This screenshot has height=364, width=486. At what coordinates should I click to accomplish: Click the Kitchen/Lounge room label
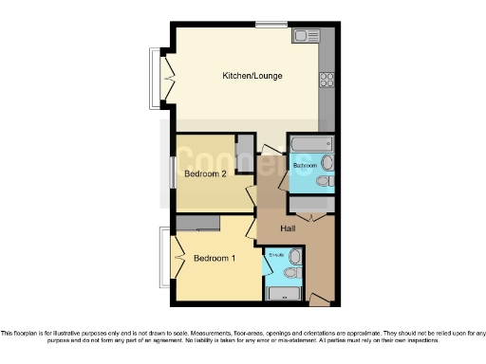tap(252, 76)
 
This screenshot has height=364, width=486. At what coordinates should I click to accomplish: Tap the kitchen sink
tap(308, 37)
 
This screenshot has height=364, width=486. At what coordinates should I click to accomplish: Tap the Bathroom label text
tap(305, 166)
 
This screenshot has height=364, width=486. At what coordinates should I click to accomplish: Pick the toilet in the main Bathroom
tap(325, 180)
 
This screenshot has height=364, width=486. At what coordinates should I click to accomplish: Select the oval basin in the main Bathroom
tap(328, 161)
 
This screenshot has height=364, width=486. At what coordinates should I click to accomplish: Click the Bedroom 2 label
tap(205, 174)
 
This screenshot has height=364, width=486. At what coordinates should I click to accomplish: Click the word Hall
tap(291, 229)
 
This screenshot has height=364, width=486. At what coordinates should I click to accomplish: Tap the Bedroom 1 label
tap(215, 258)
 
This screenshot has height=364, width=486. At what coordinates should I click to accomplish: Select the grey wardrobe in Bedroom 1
tap(198, 222)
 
